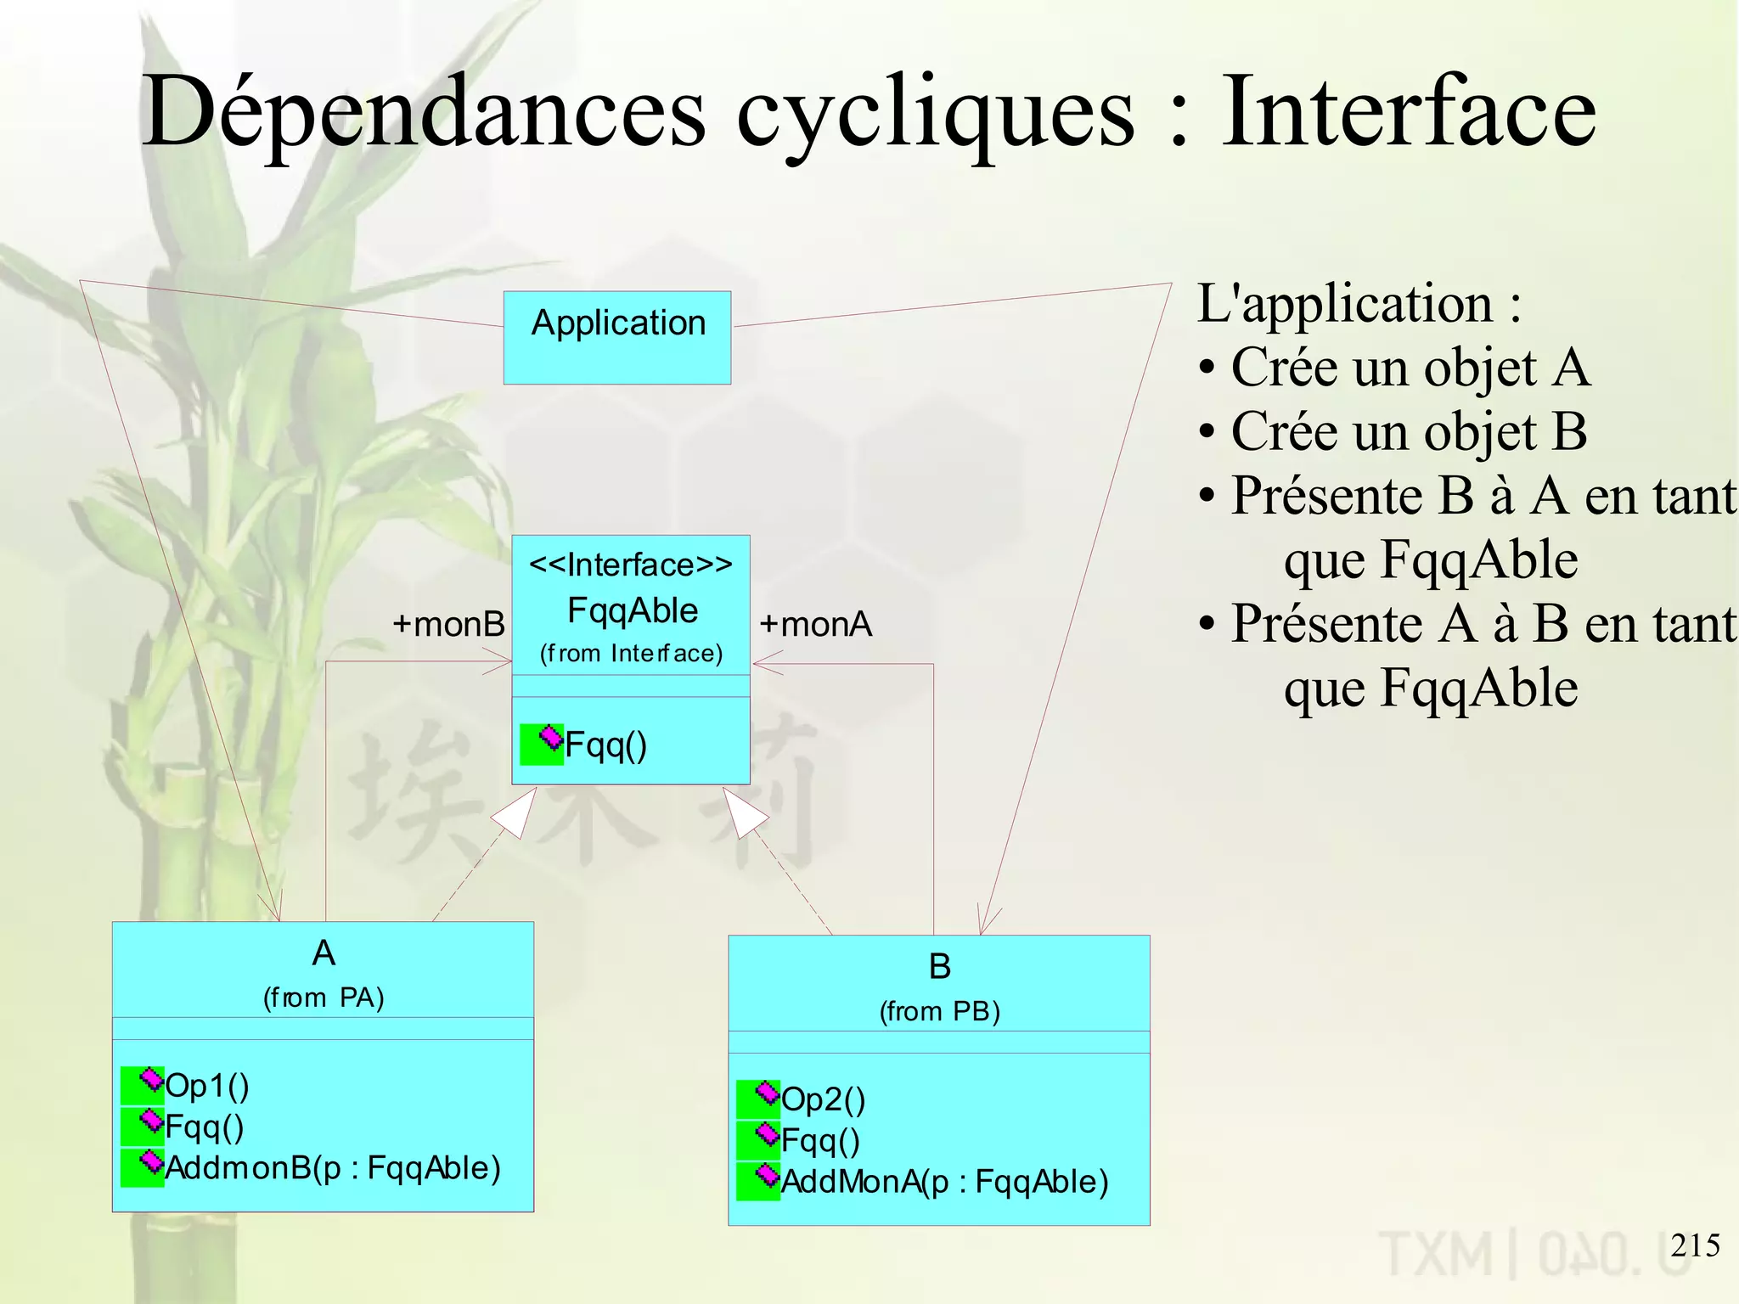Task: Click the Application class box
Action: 617,337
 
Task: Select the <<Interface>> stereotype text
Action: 630,565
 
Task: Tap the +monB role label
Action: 448,624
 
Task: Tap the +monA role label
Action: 815,624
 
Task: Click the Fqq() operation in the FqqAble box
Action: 605,745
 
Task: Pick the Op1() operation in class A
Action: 206,1085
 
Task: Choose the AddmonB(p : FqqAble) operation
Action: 332,1167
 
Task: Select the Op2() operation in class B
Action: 822,1099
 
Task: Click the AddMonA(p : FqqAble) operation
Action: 944,1181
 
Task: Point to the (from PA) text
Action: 324,997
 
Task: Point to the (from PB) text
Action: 939,1010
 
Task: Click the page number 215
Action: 1695,1245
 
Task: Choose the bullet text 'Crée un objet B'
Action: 1408,431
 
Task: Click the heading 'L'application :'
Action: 1359,303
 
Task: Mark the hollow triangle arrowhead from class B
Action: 743,811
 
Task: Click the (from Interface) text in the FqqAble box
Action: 631,653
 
